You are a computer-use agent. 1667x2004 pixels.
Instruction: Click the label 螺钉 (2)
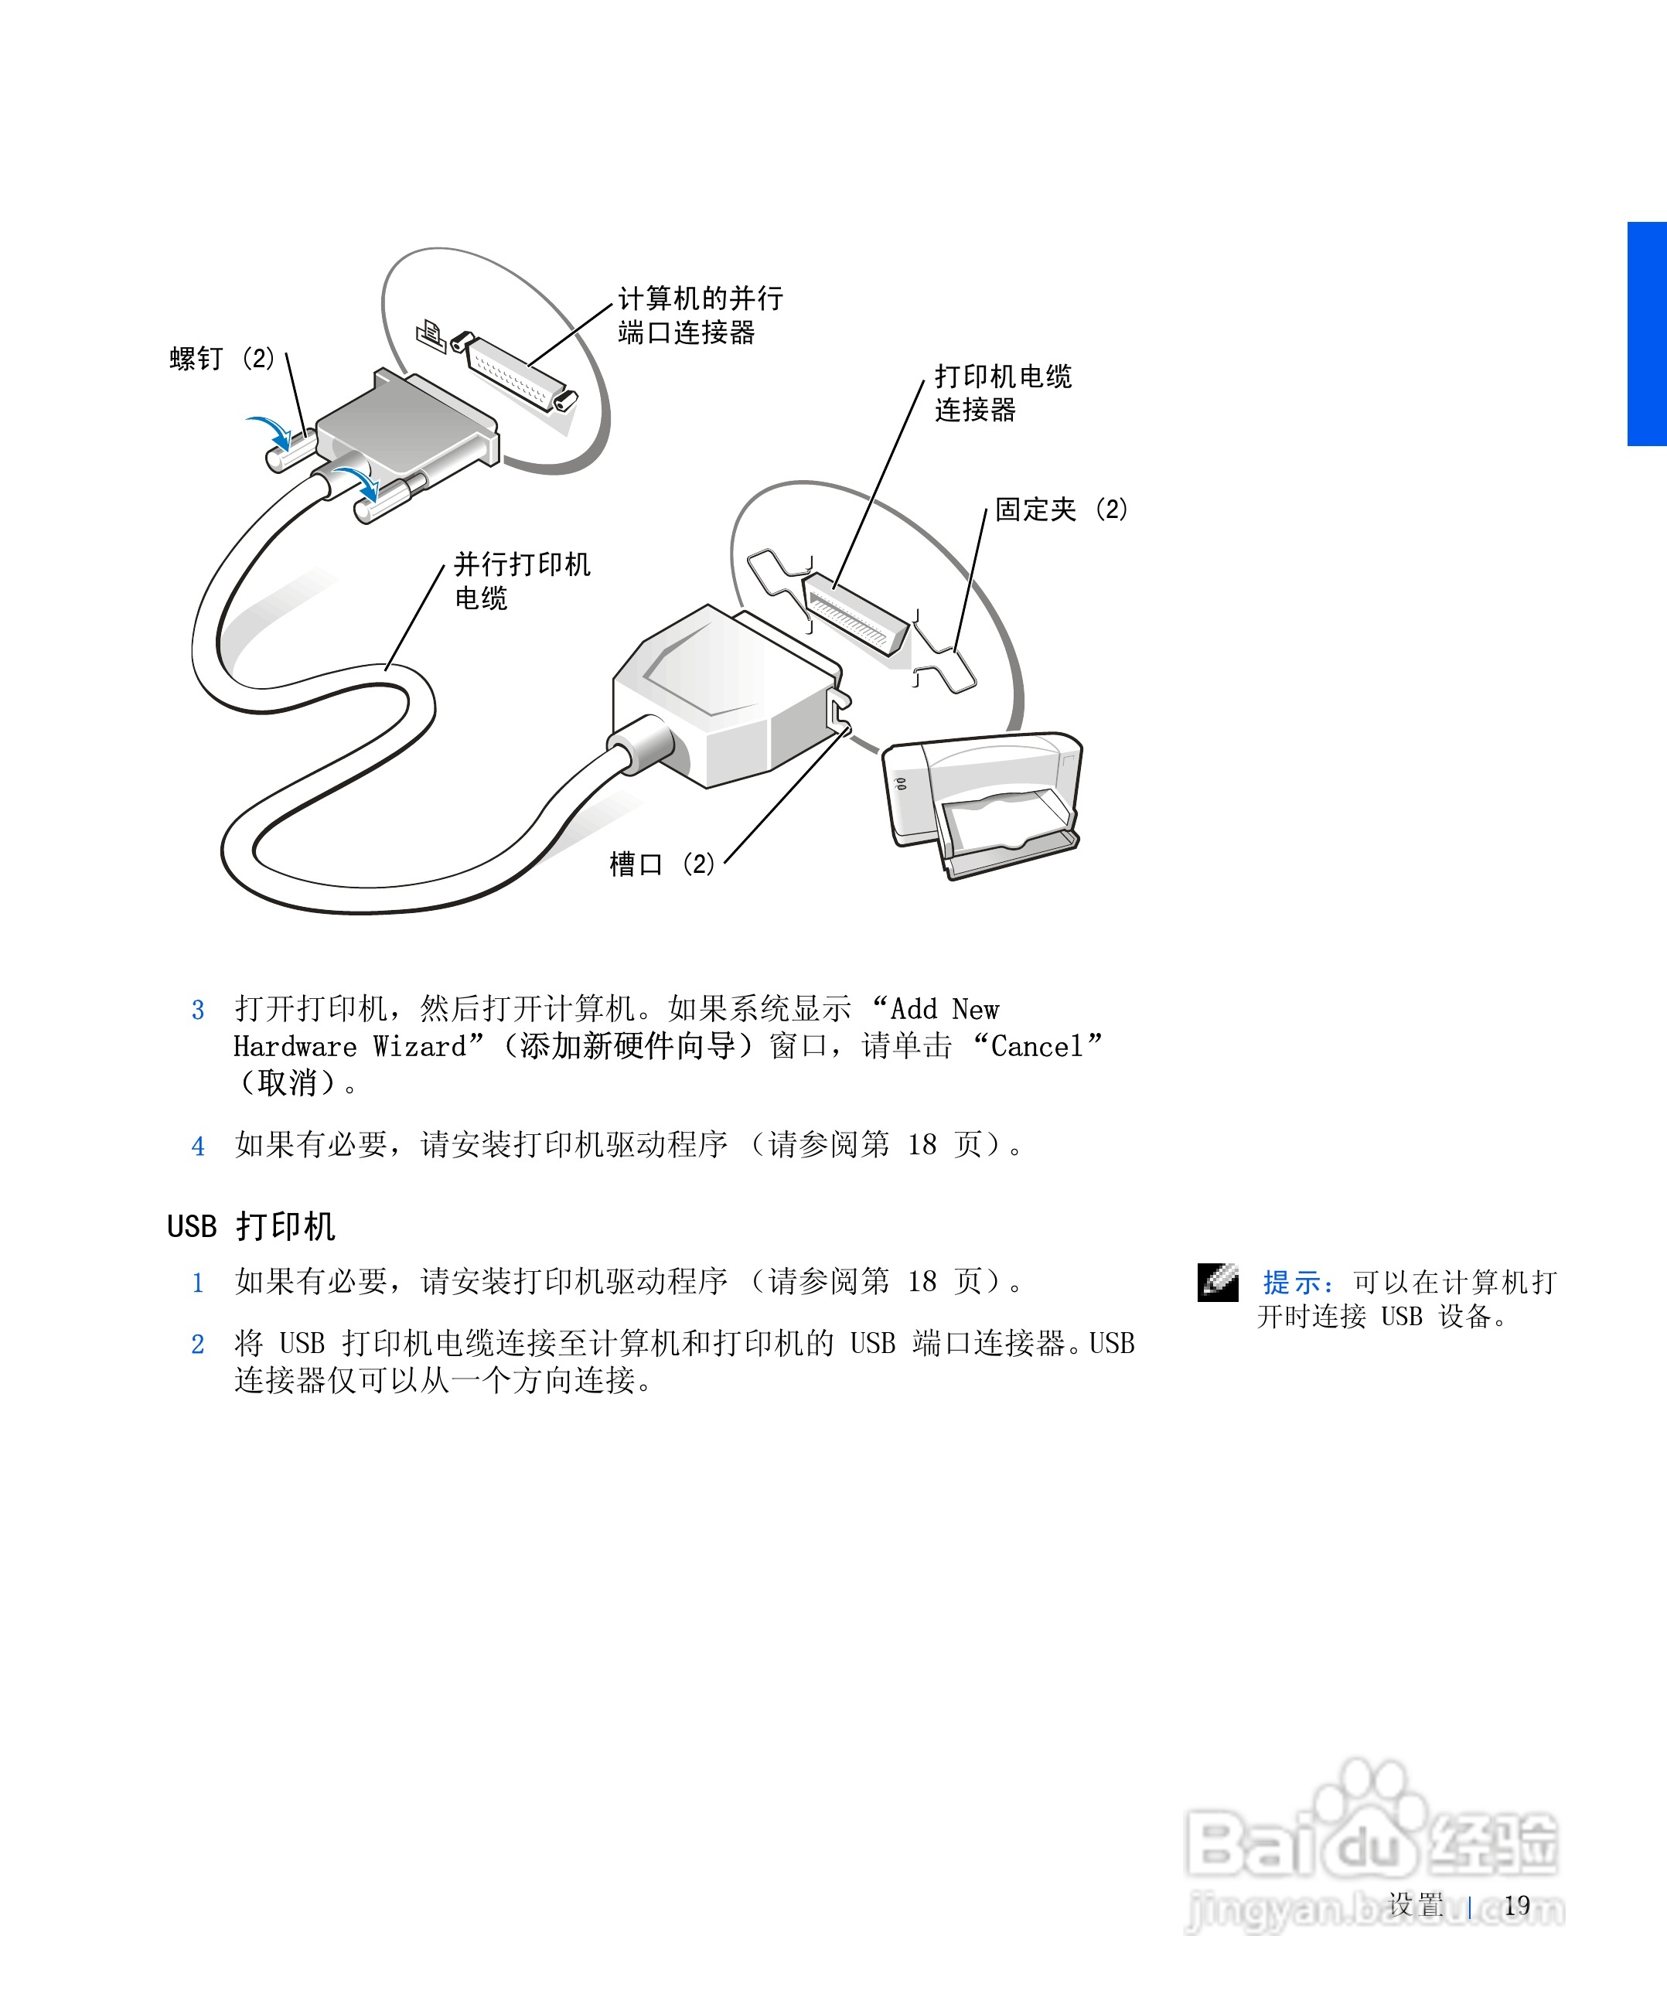(x=221, y=359)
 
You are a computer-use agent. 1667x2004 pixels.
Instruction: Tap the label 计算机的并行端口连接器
(x=700, y=315)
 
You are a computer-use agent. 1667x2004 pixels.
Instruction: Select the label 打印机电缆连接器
(x=1002, y=392)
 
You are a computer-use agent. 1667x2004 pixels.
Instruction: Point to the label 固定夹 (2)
(x=1060, y=510)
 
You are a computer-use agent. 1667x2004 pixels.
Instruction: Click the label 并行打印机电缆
(x=521, y=580)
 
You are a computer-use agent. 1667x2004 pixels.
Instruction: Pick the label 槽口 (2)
(x=661, y=864)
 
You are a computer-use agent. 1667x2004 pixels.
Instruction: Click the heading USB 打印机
(x=251, y=1226)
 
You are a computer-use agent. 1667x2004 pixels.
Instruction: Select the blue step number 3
(x=197, y=1011)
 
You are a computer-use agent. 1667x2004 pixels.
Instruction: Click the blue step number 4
(x=197, y=1146)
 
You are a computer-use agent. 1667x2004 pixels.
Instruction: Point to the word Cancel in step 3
(x=1036, y=1047)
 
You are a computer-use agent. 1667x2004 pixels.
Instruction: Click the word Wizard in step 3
(x=420, y=1047)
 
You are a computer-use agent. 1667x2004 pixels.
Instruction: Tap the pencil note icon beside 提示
(x=1218, y=1283)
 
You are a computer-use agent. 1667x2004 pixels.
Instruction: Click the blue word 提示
(x=1293, y=1283)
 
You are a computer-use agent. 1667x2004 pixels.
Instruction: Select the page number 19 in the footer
(x=1516, y=1906)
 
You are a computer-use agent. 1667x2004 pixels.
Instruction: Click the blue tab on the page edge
(x=1647, y=334)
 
